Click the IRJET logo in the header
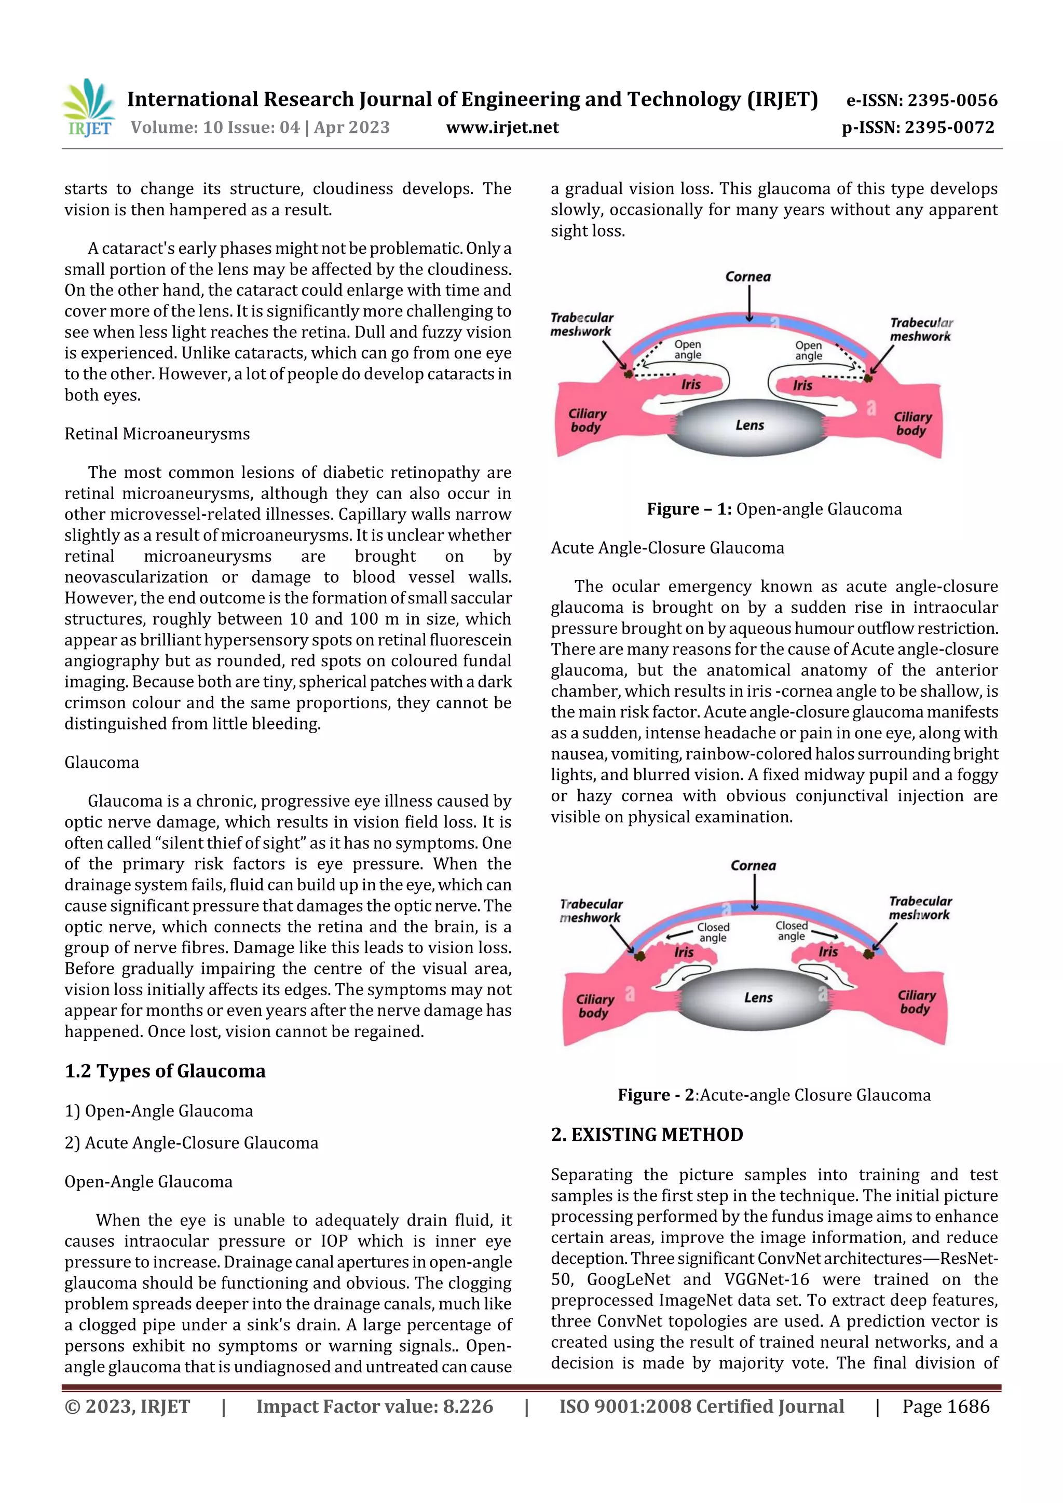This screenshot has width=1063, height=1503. click(88, 108)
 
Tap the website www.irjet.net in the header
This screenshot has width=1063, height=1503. click(502, 128)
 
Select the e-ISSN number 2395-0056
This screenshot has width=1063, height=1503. click(952, 100)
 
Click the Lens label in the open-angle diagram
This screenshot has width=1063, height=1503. click(749, 425)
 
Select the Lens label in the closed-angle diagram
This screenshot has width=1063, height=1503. click(758, 998)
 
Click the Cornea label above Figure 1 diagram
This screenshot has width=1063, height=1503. click(748, 277)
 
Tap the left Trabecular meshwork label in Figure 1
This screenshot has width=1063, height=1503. click(582, 325)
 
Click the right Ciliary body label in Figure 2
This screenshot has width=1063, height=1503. click(916, 1002)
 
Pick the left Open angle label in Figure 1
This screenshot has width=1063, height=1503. click(688, 350)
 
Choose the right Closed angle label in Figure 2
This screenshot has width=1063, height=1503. click(791, 931)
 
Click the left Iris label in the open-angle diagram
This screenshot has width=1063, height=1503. click(690, 385)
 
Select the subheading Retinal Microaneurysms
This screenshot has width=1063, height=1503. click(157, 434)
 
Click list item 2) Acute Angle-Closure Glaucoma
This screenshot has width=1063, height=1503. click(191, 1143)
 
